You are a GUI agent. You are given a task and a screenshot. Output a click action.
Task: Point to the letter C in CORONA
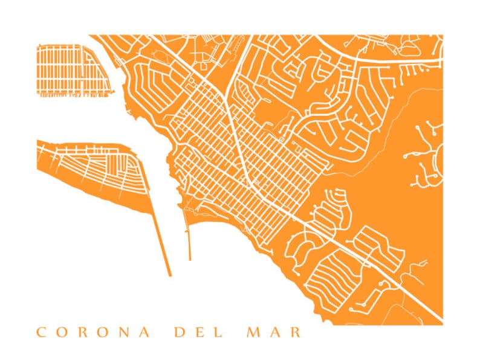click(41, 332)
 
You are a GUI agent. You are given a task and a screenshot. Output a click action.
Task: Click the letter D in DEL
click(178, 332)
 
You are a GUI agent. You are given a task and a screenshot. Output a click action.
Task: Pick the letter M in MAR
click(252, 332)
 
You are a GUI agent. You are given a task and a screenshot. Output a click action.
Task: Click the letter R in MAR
click(295, 332)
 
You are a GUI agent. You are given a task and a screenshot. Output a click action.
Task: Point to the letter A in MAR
click(274, 332)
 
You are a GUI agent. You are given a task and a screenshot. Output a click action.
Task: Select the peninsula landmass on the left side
click(91, 175)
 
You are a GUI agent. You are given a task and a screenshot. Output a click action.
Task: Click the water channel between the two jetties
click(175, 242)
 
